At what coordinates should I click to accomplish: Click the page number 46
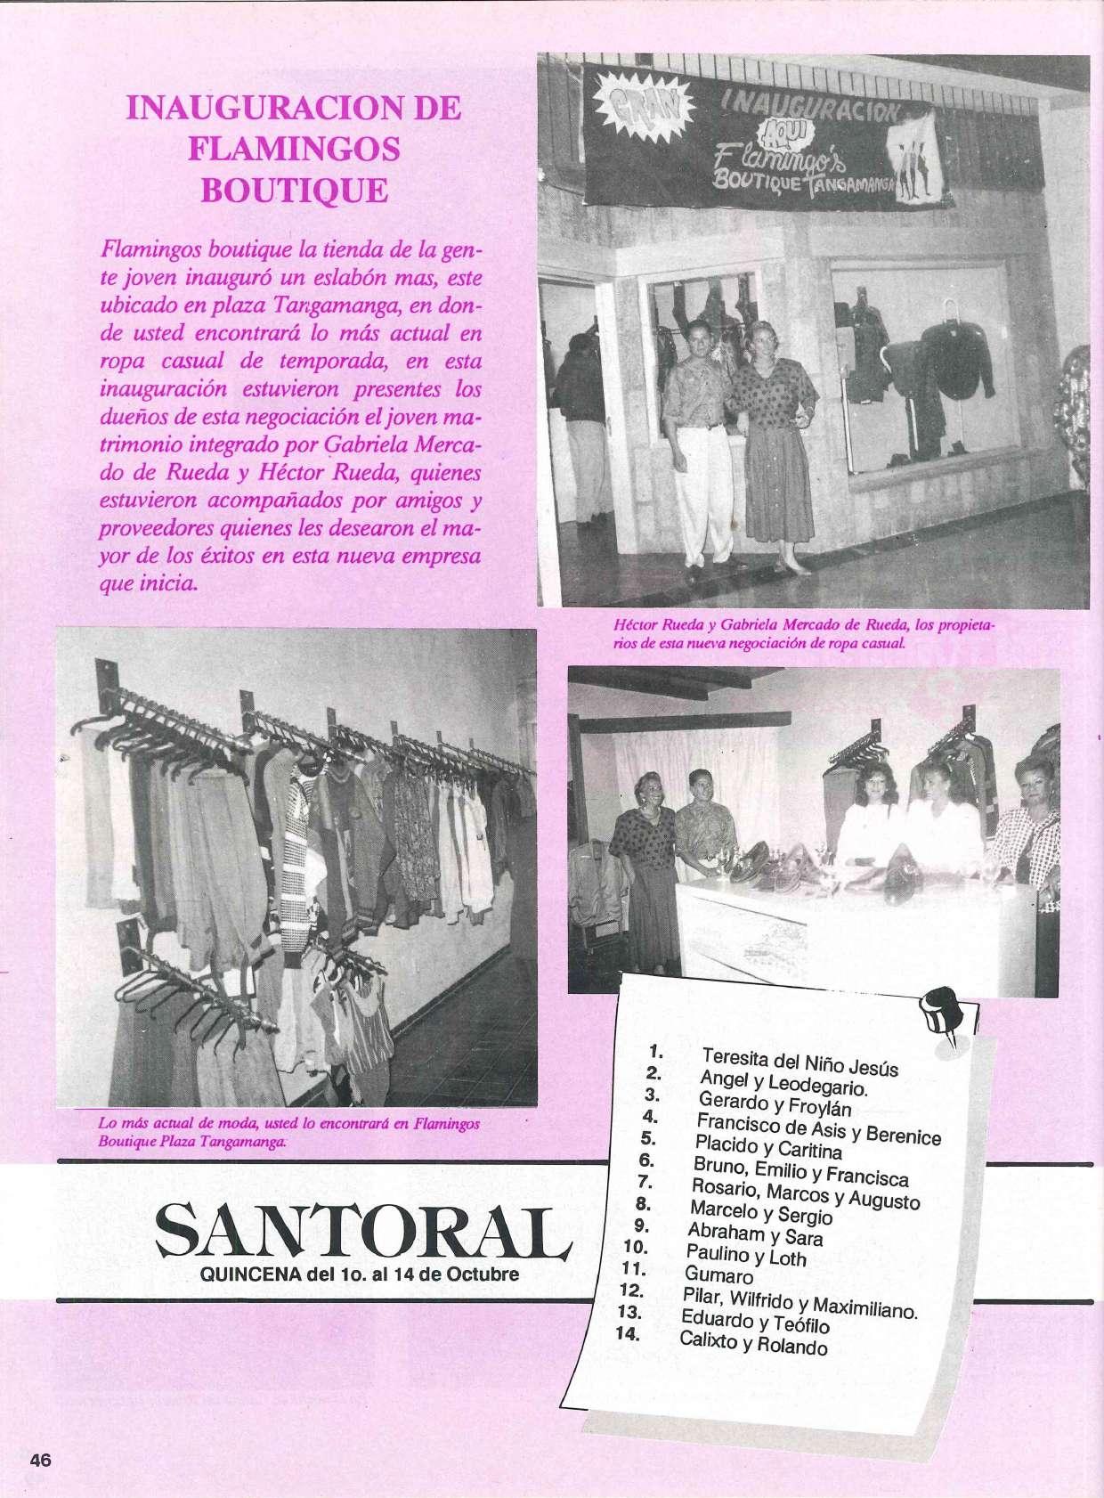point(41,1460)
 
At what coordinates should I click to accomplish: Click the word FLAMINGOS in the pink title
point(294,148)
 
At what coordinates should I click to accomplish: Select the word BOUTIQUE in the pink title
point(294,190)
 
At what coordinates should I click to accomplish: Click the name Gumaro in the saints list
point(719,1276)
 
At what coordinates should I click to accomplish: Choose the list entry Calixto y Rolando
point(753,1343)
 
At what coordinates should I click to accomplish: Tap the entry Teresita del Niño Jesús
point(800,1062)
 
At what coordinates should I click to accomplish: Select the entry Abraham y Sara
point(755,1234)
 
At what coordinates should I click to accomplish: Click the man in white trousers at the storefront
point(700,445)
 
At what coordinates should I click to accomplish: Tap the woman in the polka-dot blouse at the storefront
point(771,445)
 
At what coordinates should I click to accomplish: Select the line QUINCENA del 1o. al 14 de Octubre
point(360,1274)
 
